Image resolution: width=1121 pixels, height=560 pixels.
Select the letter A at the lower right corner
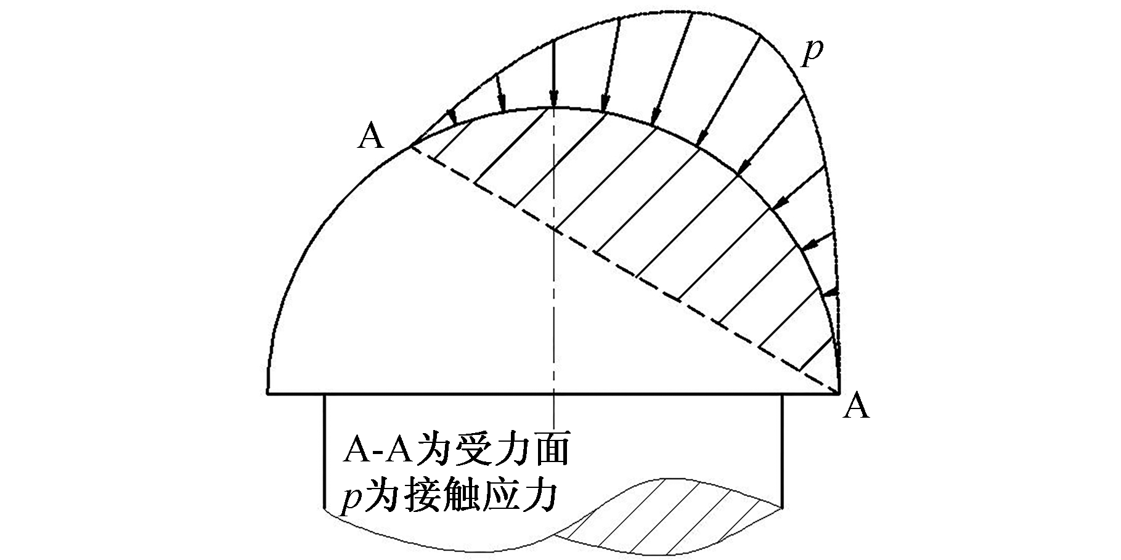pyautogui.click(x=855, y=407)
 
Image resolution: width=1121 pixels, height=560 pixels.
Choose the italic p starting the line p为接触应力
pyautogui.click(x=352, y=499)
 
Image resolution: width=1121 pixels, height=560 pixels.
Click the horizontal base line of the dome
pyautogui.click(x=553, y=392)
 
